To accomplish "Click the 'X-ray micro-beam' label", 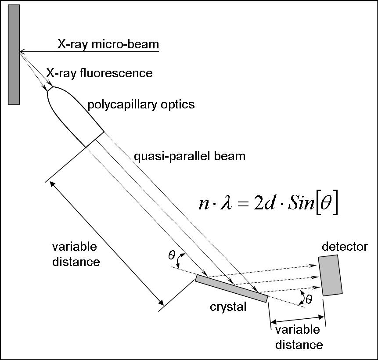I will [108, 44].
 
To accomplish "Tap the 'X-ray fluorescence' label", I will [99, 73].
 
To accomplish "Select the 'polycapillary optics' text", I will [141, 104].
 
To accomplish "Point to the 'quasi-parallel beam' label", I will [189, 156].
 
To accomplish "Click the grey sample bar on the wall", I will [14, 54].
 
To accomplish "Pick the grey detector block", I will [331, 275].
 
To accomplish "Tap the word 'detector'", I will [344, 247].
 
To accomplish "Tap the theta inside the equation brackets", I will [327, 205].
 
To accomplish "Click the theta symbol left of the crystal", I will [172, 255].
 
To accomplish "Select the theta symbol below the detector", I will [309, 299].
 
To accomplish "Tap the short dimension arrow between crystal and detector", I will [296, 318].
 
